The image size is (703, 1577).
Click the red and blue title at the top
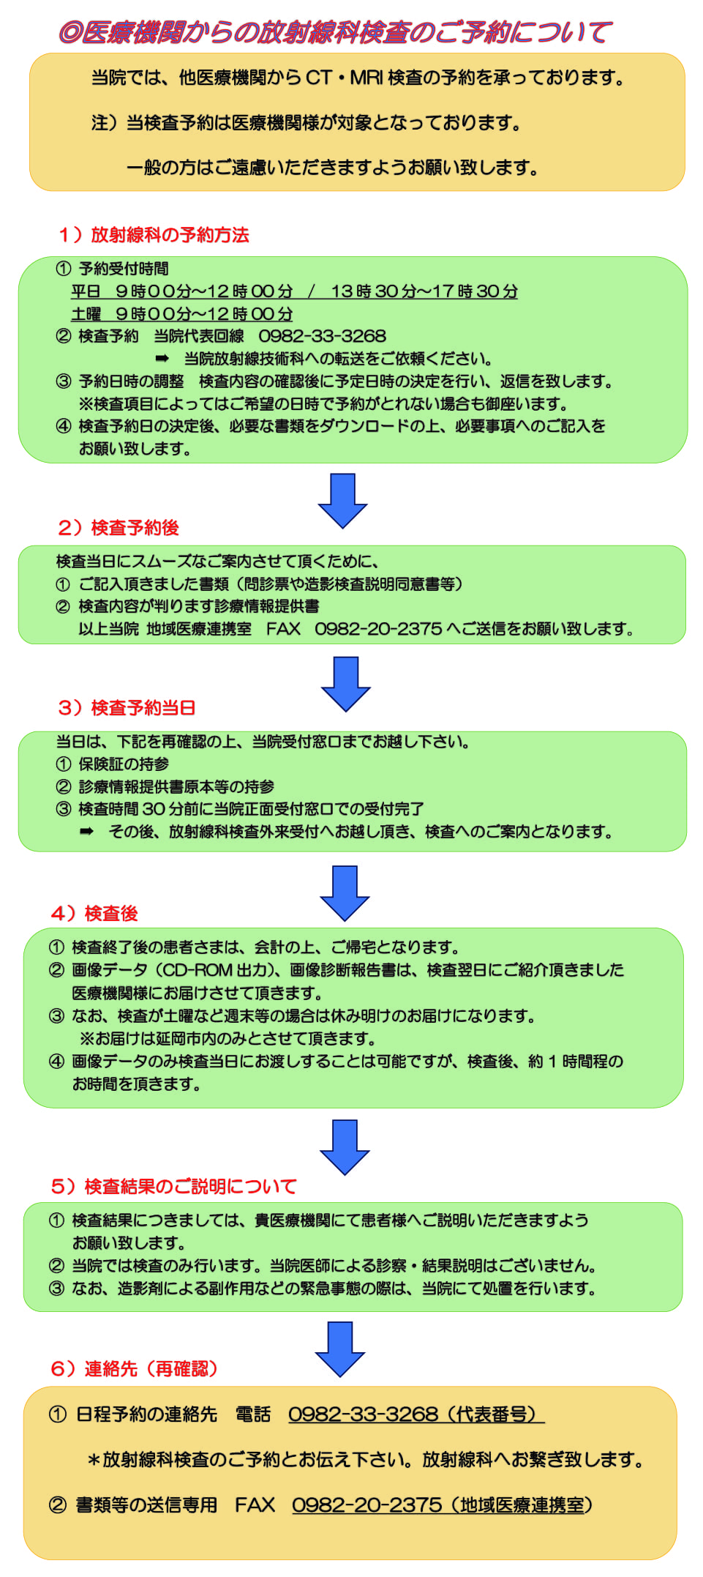click(335, 32)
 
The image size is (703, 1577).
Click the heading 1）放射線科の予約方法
click(154, 235)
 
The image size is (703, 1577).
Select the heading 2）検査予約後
click(119, 528)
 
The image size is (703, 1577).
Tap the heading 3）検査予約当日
click(127, 708)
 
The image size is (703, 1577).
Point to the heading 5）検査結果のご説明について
click(174, 1187)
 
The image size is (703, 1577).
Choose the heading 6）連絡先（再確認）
click(135, 1369)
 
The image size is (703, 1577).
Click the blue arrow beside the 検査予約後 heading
click(342, 501)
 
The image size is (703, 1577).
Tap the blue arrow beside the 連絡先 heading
click(340, 1349)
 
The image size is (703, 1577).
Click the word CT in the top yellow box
click(318, 78)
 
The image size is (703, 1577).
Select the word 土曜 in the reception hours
click(86, 314)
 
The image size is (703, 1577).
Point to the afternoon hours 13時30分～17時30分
click(424, 291)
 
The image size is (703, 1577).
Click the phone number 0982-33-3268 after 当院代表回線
click(322, 336)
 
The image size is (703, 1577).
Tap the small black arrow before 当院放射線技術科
click(162, 359)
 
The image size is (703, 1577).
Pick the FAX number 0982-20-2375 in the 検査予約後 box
click(378, 629)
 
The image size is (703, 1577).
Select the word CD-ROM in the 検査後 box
click(197, 970)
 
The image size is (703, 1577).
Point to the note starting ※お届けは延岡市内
click(228, 1039)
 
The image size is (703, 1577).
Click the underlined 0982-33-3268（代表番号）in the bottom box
click(415, 1414)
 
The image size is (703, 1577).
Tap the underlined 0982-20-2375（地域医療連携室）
click(442, 1505)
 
